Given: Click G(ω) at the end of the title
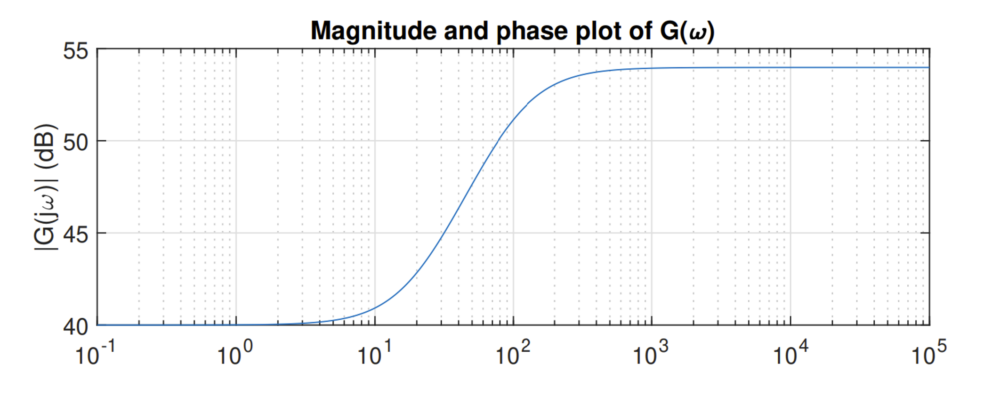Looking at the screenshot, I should pos(687,31).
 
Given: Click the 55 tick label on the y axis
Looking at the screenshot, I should pos(76,51).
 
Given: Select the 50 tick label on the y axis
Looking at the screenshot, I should pos(76,141).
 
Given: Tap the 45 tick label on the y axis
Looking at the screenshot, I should pos(76,234).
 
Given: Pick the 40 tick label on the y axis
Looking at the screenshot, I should pos(76,326).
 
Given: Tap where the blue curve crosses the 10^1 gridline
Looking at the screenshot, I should pos(375,308).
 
